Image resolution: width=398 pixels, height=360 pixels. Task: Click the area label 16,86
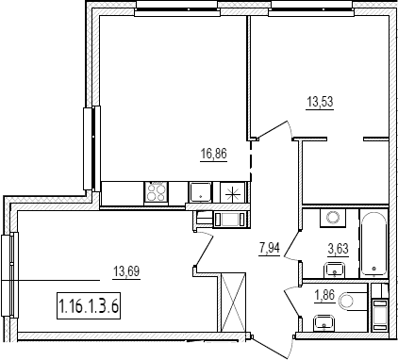[213, 155]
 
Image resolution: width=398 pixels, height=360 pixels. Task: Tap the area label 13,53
[320, 102]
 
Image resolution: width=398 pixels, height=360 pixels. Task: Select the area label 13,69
[126, 270]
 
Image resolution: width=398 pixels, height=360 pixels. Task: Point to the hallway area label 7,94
[269, 249]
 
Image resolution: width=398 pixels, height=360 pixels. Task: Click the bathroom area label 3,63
[338, 249]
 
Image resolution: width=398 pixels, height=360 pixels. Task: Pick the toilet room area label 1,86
[324, 296]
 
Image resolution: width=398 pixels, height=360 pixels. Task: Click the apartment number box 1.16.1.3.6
[89, 305]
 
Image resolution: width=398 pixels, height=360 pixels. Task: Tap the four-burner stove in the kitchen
[156, 192]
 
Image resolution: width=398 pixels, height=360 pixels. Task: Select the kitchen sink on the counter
[200, 192]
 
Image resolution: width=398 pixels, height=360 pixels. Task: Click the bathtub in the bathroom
[373, 244]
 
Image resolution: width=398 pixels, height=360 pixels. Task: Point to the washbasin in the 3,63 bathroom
[335, 270]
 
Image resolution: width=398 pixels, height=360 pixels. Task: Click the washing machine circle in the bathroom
[332, 218]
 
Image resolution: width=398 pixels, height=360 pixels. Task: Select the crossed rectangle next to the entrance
[233, 302]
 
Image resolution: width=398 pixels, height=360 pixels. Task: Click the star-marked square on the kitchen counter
[232, 192]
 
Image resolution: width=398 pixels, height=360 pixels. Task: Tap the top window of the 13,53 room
[312, 9]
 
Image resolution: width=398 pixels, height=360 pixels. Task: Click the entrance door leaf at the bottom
[270, 348]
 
